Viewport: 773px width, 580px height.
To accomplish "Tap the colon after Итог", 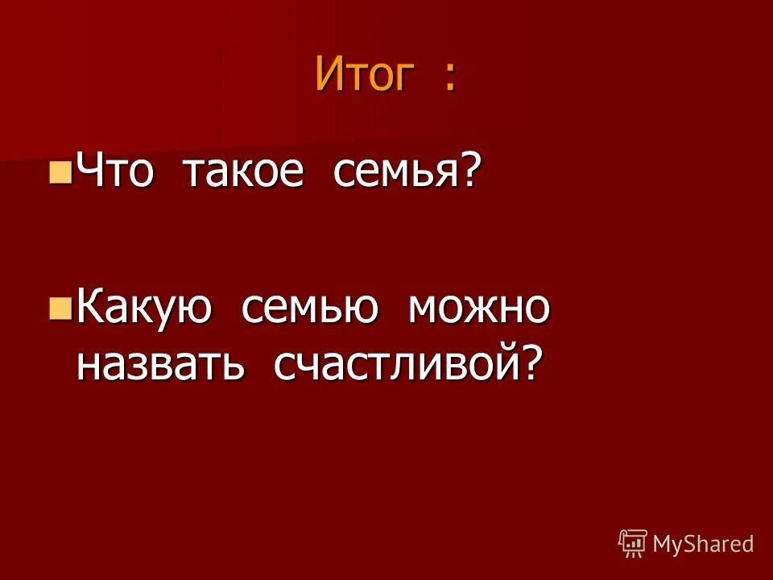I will click(x=449, y=79).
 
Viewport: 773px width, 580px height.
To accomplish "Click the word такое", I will click(x=244, y=171).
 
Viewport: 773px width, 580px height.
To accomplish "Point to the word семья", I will click(x=398, y=172).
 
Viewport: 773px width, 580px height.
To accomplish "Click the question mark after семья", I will click(x=473, y=170).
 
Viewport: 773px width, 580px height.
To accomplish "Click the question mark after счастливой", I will click(x=528, y=364).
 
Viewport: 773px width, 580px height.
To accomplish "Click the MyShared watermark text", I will click(x=703, y=544).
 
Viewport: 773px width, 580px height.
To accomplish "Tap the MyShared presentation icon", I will click(x=633, y=544).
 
